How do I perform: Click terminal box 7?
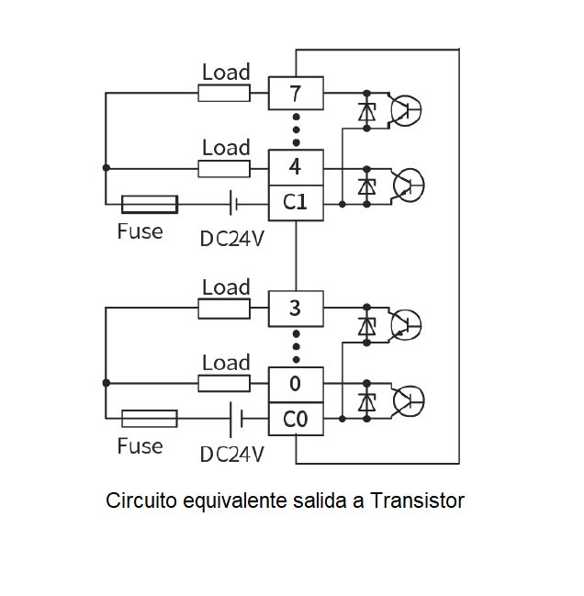[296, 93]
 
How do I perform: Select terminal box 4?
[296, 167]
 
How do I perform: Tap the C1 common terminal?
[296, 203]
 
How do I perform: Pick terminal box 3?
[296, 309]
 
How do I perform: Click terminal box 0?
[296, 384]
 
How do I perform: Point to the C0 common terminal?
[296, 419]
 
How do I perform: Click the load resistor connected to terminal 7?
[224, 93]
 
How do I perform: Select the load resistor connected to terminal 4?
[224, 169]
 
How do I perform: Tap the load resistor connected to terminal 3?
[224, 309]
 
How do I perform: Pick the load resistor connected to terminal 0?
[224, 383]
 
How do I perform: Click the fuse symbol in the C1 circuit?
[150, 205]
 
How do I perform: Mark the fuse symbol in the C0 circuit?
[150, 419]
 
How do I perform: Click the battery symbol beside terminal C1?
[233, 203]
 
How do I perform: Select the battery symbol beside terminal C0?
[236, 420]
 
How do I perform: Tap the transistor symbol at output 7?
[406, 110]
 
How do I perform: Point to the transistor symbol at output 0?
[409, 401]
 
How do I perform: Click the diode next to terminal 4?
[367, 186]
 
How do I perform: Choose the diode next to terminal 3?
[367, 326]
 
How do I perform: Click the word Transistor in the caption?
[417, 500]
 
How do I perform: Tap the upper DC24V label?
[231, 239]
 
